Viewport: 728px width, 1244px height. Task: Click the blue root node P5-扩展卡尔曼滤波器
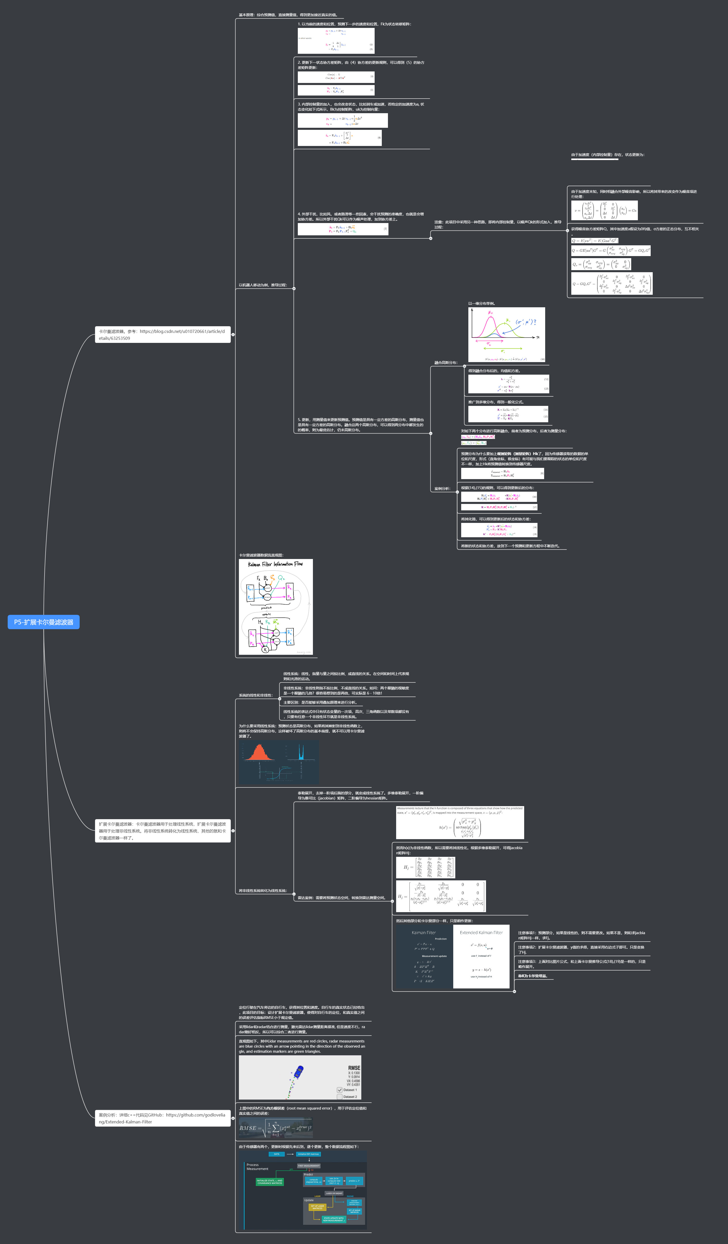(x=44, y=622)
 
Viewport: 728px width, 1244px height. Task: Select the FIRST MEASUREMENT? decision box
(x=309, y=1165)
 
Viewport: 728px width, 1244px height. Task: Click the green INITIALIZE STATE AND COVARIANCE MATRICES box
(x=269, y=1182)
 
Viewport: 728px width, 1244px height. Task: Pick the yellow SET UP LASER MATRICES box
(x=317, y=1207)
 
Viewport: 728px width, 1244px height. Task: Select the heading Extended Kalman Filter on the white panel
(x=481, y=933)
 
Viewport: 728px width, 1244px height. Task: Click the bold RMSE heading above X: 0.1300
(x=354, y=1068)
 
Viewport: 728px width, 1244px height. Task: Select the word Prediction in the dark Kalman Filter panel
(x=440, y=939)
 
